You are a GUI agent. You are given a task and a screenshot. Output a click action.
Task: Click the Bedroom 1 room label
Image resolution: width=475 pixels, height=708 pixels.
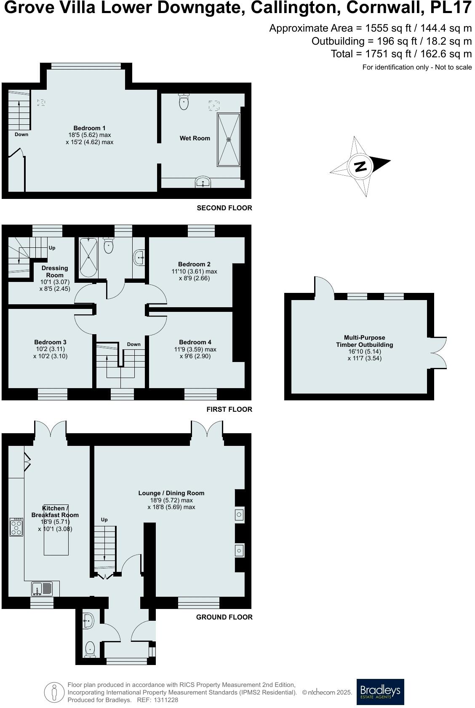coord(89,128)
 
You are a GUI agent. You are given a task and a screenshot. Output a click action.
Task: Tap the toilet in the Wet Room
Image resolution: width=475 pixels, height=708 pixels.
coord(184,102)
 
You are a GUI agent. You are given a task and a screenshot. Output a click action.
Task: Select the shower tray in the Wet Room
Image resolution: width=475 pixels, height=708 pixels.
coord(229,139)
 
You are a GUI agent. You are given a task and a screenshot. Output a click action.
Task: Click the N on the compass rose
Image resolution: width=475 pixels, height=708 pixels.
coord(360,166)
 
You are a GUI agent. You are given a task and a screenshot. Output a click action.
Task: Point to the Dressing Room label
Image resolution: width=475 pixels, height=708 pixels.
coord(55,271)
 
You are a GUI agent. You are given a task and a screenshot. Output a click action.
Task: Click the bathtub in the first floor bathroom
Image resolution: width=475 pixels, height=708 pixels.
coord(88,257)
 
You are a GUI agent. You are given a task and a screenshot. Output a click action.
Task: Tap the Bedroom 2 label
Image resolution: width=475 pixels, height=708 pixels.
coord(194,264)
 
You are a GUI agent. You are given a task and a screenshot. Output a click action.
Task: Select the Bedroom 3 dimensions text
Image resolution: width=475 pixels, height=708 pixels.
coord(50,353)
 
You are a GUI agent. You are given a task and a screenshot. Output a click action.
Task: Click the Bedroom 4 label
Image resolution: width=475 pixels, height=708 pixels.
coord(195,342)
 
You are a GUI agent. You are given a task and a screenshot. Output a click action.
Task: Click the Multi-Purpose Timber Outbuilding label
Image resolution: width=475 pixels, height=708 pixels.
coord(364,341)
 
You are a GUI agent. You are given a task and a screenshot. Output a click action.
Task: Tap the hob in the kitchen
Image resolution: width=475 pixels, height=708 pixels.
coord(16,527)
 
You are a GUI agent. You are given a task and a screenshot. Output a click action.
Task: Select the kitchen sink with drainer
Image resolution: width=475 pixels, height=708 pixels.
coord(42,588)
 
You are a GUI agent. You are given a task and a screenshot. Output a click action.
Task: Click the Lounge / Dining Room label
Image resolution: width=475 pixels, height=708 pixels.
coord(171,493)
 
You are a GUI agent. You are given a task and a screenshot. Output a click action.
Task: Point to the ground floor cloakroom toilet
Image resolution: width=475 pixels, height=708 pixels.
coord(90,649)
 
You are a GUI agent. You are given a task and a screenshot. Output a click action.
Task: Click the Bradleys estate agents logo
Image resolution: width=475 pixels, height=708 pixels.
coord(380,692)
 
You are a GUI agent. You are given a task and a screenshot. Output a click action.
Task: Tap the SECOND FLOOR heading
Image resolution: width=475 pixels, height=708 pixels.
coord(224,208)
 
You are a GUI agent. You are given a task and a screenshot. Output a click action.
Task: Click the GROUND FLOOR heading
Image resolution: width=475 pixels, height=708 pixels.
coord(224,617)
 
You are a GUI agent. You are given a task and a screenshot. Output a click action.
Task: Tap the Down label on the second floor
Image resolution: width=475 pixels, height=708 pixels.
coord(21,134)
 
